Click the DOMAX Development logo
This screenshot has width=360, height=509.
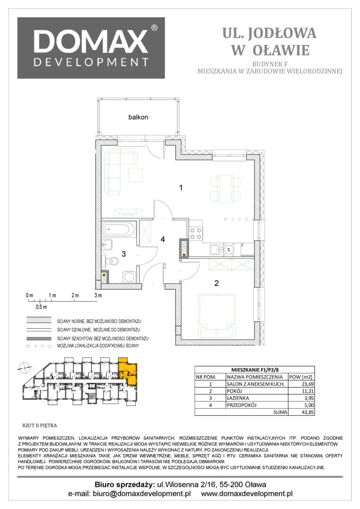tap(91, 48)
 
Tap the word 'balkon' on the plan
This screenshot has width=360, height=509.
tap(138, 117)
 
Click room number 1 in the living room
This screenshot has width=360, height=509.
tap(181, 187)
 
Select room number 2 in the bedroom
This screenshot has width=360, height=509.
tap(217, 283)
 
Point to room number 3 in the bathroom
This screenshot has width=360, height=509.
tap(123, 254)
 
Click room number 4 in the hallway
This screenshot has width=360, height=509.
tap(163, 239)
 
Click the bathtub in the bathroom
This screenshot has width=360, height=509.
tap(118, 230)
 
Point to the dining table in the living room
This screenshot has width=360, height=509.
tap(225, 189)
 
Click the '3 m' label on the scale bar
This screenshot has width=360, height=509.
tap(98, 296)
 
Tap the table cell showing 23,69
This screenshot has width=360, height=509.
tap(301, 384)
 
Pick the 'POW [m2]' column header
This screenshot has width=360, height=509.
tap(301, 377)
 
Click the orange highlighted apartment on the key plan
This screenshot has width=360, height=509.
tap(128, 371)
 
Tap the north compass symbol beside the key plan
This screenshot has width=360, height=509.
tap(24, 368)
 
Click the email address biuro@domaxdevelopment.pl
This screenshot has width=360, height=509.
tap(141, 494)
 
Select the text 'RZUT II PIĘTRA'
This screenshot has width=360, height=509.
tap(39, 425)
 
